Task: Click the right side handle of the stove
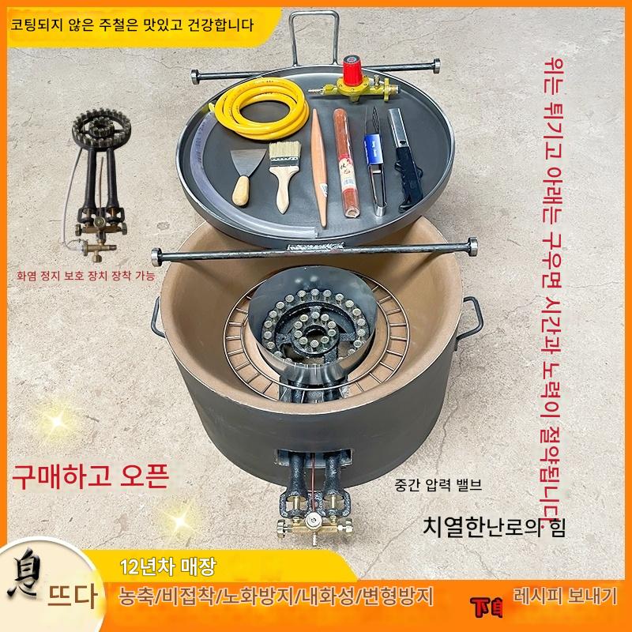point(472,317)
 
